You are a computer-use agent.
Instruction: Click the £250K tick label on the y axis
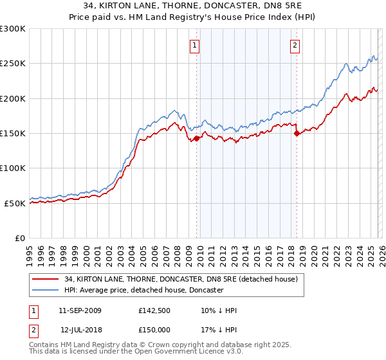coord(12,64)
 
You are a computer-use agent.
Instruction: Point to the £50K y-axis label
coord(14,203)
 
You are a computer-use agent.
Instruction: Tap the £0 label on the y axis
coord(20,238)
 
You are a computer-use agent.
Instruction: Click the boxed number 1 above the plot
coord(194,45)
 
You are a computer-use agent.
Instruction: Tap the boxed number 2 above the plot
coord(295,45)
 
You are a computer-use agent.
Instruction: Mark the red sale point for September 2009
coord(196,138)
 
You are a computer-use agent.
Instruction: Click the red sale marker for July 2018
coord(297,134)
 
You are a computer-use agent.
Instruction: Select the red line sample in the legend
coord(46,280)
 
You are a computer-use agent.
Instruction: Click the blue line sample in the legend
coord(46,291)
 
